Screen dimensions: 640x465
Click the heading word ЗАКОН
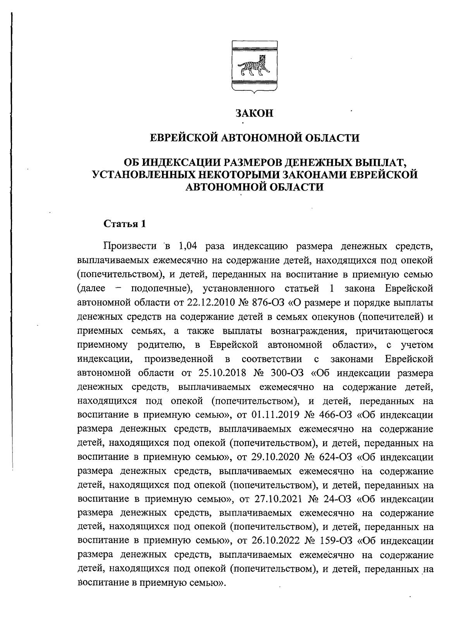click(255, 114)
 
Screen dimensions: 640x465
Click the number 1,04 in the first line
click(188, 246)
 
